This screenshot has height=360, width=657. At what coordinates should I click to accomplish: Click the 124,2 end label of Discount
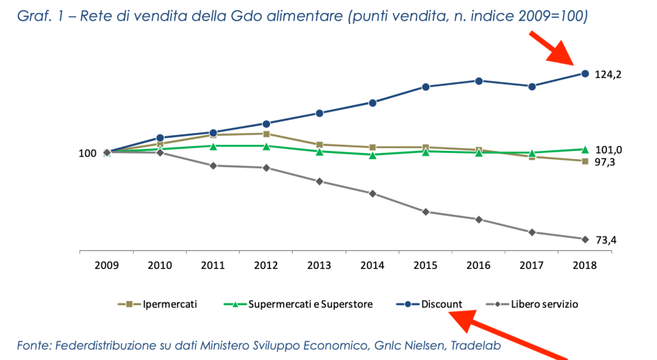(608, 74)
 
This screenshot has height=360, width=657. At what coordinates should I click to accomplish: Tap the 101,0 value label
(608, 150)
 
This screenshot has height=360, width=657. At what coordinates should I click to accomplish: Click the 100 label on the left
(87, 154)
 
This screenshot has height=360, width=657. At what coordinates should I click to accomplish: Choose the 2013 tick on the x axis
(319, 265)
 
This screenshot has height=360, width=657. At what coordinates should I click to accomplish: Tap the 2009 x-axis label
(106, 265)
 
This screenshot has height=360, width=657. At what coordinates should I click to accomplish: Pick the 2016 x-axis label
(479, 265)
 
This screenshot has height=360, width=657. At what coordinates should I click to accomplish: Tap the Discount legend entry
(441, 304)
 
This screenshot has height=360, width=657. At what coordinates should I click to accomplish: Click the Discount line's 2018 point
(585, 73)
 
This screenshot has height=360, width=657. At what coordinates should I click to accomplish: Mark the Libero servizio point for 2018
(585, 239)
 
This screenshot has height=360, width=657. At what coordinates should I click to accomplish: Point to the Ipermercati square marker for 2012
(266, 134)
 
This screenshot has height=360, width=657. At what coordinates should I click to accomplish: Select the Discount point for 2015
(426, 86)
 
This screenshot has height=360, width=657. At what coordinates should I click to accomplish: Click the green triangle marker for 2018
(585, 149)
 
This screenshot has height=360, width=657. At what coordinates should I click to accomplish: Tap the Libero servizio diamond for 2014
(372, 193)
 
